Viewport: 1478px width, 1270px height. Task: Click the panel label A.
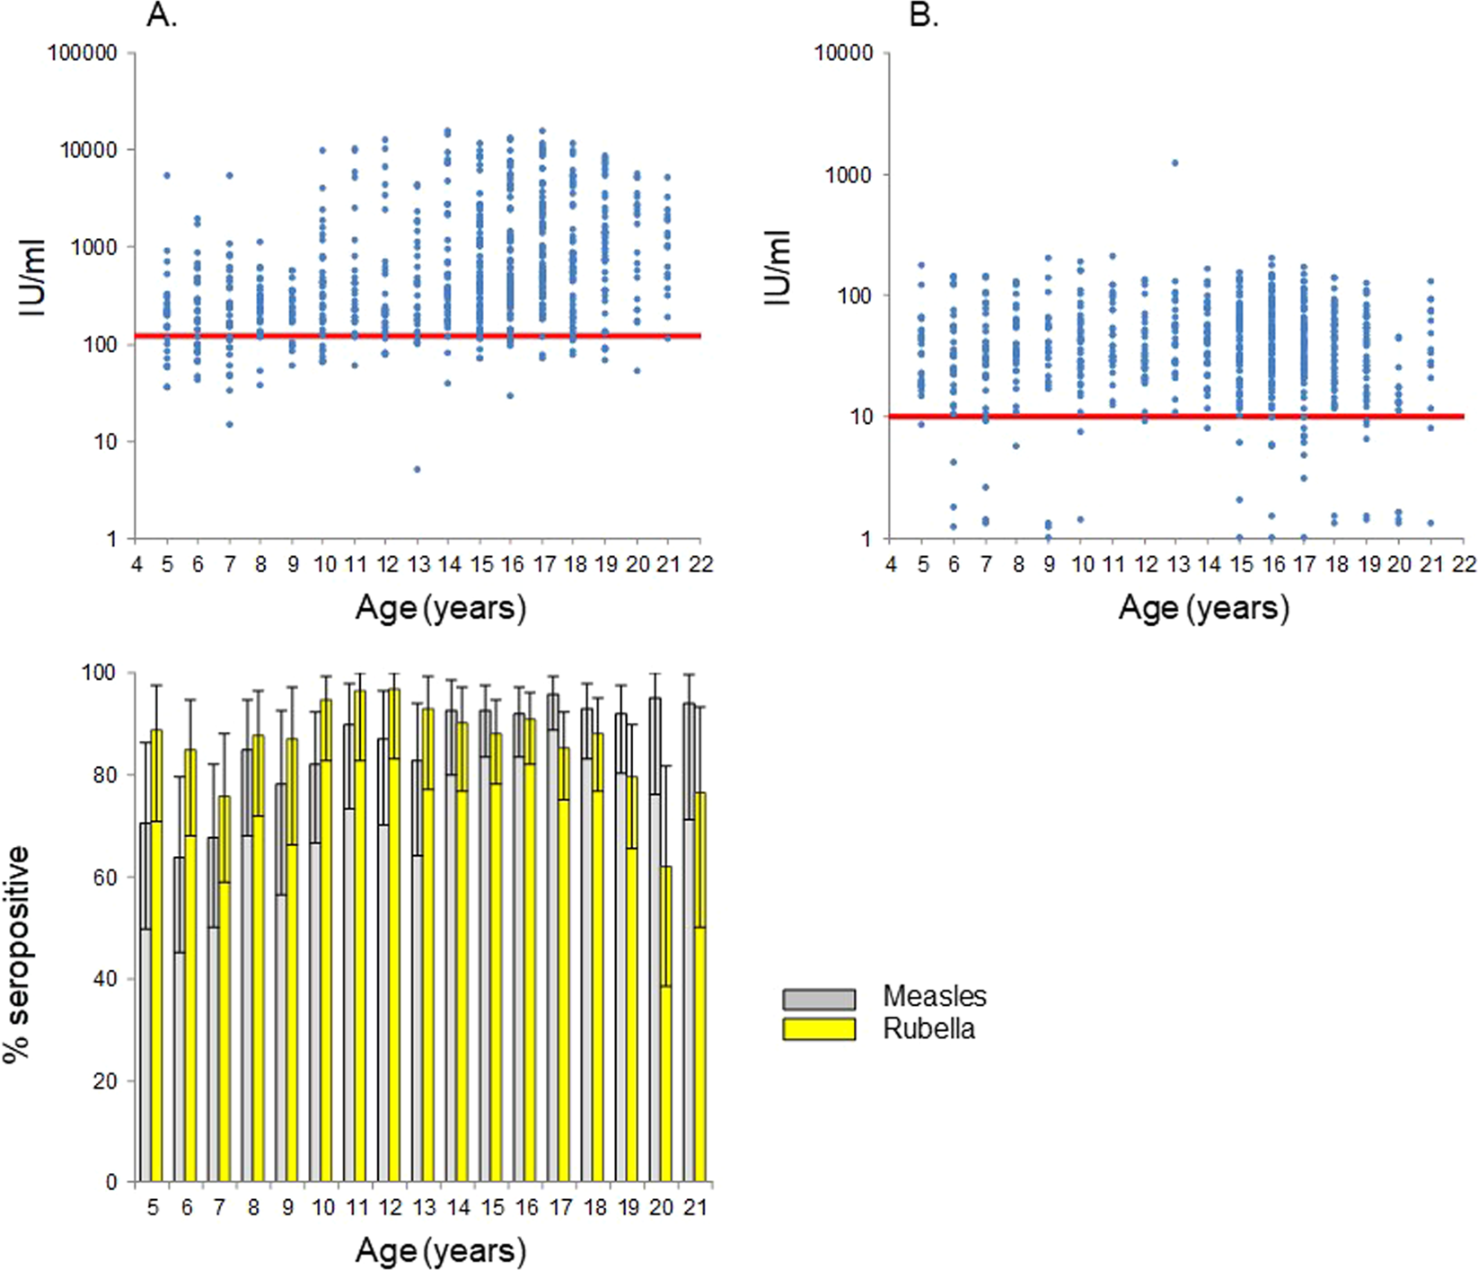coord(162,15)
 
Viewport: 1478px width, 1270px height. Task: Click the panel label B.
coord(924,15)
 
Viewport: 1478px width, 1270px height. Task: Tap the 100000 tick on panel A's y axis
coord(83,53)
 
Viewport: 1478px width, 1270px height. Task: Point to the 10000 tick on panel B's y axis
coord(843,53)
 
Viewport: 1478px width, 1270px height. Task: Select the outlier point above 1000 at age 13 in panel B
coord(1174,163)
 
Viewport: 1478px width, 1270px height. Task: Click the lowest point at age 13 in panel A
coord(418,469)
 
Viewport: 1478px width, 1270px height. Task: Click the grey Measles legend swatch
coord(818,999)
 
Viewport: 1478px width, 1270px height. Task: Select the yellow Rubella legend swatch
coord(818,1029)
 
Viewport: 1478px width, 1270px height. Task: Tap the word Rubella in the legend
coord(928,1028)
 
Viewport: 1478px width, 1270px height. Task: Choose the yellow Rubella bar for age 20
coord(666,1024)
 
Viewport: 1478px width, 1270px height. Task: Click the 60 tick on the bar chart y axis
coord(105,877)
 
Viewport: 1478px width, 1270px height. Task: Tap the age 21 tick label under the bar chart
coord(695,1207)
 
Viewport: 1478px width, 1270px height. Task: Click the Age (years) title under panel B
coord(1203,608)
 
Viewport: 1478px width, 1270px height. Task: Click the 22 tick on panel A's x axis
coord(700,564)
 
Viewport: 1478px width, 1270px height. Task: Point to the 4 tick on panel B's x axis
coord(891,564)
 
